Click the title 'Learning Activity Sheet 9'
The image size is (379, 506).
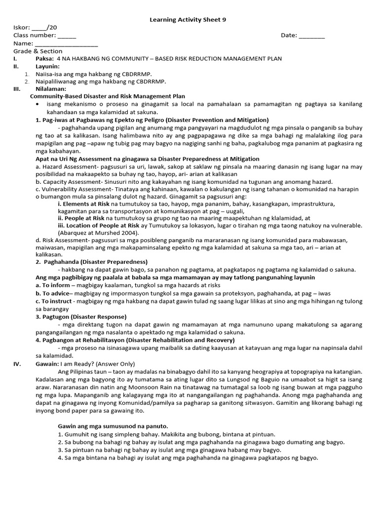(x=188, y=19)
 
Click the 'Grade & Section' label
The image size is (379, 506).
(x=38, y=51)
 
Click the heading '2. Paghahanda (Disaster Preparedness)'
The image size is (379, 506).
(x=92, y=261)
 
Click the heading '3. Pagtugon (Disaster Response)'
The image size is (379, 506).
(x=81, y=316)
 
